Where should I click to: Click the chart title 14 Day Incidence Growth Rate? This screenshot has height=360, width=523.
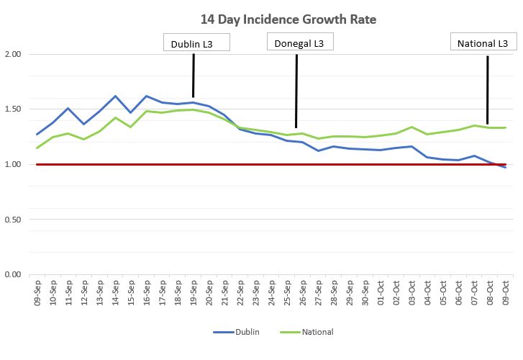(x=288, y=19)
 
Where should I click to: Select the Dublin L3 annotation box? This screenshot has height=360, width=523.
(x=196, y=42)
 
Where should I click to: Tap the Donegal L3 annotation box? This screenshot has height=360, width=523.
(x=300, y=42)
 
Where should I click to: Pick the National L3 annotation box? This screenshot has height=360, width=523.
(x=483, y=42)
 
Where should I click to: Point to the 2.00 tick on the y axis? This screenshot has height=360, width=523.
(x=13, y=54)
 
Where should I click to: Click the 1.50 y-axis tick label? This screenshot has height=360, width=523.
(x=13, y=109)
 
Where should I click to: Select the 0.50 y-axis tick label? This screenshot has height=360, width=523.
(x=13, y=220)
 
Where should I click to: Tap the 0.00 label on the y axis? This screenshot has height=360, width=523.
(x=13, y=274)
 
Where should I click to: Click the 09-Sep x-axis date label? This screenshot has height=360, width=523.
(x=37, y=293)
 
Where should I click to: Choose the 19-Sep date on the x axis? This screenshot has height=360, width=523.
(x=194, y=293)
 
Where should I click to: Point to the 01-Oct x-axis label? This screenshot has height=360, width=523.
(x=381, y=293)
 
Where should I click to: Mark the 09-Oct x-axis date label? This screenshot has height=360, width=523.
(x=505, y=293)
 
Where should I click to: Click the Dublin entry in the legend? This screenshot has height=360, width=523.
(x=237, y=332)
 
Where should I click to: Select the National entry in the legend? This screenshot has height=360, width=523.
(x=307, y=332)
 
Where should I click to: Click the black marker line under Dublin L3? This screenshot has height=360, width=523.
(x=194, y=76)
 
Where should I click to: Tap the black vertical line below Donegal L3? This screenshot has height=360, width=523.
(x=296, y=91)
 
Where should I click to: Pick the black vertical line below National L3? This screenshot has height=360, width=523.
(x=488, y=90)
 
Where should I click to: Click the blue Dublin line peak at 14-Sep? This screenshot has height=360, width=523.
(x=115, y=96)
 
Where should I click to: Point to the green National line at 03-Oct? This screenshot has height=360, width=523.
(x=411, y=127)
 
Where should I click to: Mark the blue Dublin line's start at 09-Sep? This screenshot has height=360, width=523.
(x=37, y=134)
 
